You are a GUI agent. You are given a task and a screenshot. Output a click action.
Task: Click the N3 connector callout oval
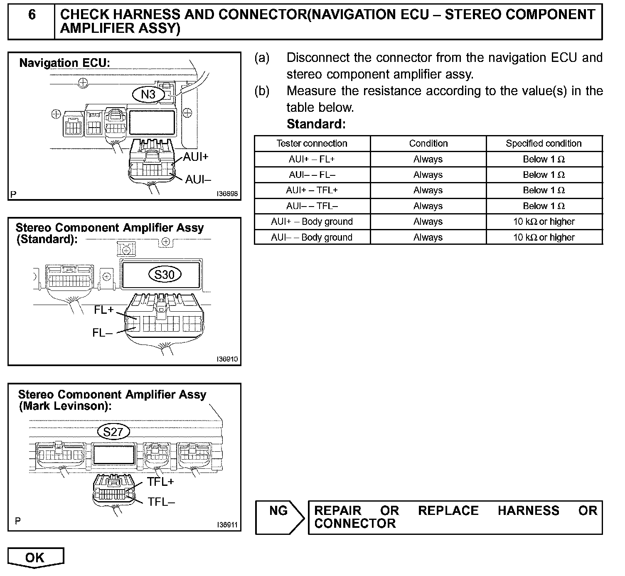(148, 94)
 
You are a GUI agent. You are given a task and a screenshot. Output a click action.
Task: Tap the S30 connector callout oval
(164, 274)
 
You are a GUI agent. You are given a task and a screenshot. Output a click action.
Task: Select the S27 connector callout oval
(113, 432)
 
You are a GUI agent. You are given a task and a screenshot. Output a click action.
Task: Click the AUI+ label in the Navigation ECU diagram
(195, 157)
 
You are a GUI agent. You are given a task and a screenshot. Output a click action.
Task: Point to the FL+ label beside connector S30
(103, 310)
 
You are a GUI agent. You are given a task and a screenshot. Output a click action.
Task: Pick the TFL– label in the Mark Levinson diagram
(161, 502)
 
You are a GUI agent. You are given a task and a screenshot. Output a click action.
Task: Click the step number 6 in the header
(32, 15)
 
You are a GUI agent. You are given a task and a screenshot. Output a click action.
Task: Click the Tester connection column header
(312, 143)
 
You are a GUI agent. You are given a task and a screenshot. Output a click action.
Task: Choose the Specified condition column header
(544, 143)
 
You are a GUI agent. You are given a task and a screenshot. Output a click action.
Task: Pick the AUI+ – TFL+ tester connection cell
(312, 190)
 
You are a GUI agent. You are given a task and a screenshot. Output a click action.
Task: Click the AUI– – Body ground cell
(312, 237)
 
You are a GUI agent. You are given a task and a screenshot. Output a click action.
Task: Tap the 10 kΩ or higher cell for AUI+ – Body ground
(544, 222)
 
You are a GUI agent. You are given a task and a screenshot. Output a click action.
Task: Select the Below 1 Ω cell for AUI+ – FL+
(544, 159)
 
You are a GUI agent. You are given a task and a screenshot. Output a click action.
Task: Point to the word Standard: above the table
(316, 124)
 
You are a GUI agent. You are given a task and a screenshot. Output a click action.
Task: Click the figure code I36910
(227, 359)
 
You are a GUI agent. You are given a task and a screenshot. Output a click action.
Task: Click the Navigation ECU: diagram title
(65, 63)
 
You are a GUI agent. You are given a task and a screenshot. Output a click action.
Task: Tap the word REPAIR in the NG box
(337, 510)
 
